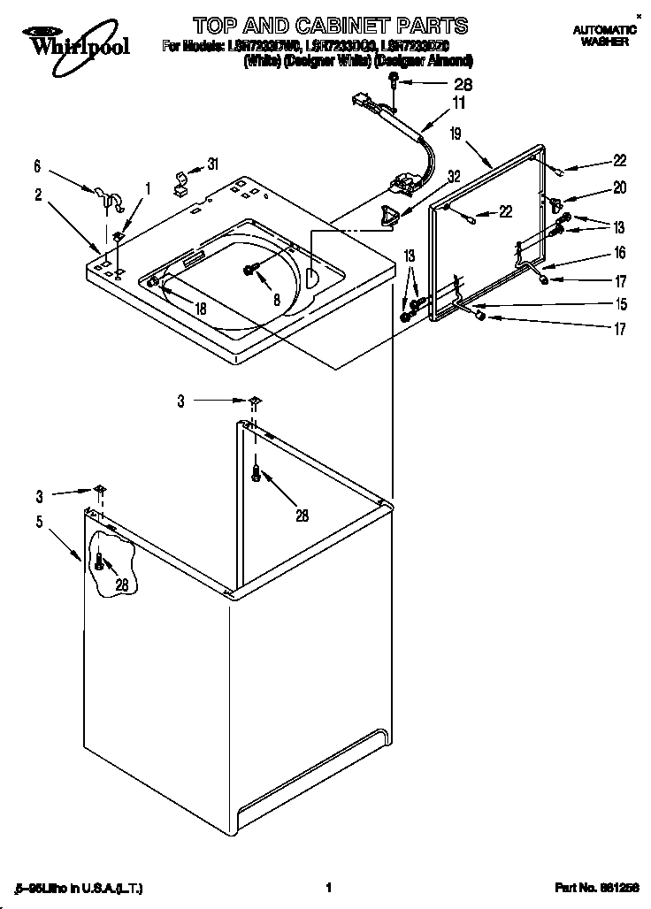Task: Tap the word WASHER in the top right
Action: pos(605,42)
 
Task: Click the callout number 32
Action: pos(454,176)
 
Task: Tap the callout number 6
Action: pos(37,165)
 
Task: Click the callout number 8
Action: pos(276,300)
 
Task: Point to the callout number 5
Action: pos(39,522)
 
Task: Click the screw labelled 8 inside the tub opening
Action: pos(251,270)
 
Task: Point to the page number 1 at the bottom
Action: pos(328,887)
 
